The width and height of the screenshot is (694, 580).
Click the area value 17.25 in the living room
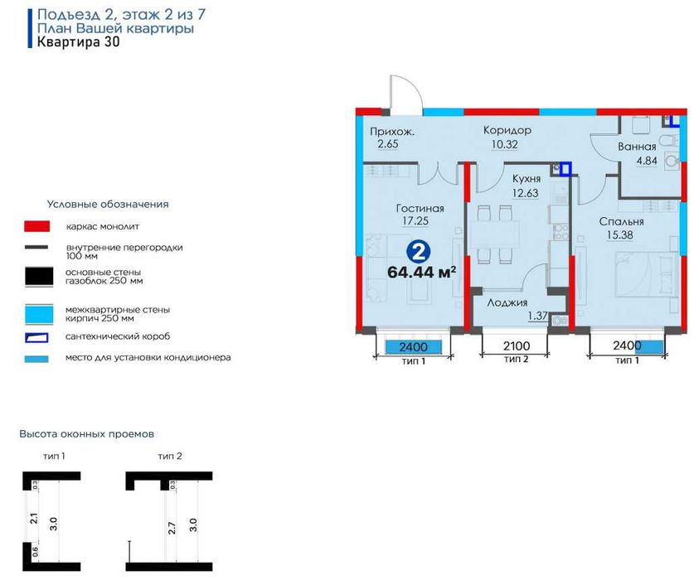pos(415,220)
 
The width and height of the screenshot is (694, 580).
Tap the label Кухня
pos(527,178)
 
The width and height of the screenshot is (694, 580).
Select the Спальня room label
pos(621,222)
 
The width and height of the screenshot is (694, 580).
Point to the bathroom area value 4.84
pos(647,161)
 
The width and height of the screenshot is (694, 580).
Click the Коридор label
pos(507,130)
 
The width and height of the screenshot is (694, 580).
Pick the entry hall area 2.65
pos(388,144)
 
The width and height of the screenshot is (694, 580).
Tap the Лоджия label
pos(507,303)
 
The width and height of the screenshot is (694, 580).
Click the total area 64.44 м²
pos(421,272)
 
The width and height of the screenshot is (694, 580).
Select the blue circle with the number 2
pos(418,252)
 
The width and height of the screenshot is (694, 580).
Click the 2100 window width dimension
pos(516,346)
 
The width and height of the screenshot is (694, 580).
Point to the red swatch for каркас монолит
pos(36,226)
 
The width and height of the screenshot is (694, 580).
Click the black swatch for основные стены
pos(39,277)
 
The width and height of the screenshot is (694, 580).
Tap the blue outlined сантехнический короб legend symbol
pos(36,337)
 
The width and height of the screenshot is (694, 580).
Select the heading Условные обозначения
pos(108,205)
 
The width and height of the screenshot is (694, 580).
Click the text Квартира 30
pos(78,42)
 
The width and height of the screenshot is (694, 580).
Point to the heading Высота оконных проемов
pos(87,434)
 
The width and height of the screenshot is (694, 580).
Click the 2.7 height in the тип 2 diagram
pos(172,528)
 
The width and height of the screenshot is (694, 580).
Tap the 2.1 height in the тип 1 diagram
pos(34,518)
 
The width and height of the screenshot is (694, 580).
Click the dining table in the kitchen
pos(494,234)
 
